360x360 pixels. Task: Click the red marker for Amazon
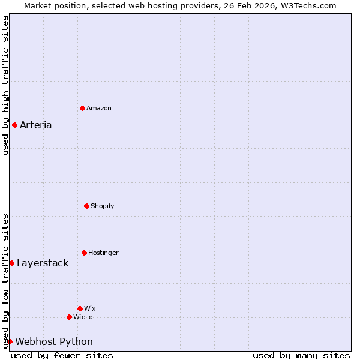click(x=82, y=108)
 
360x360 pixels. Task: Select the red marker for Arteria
click(x=14, y=125)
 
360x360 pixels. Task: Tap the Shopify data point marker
click(x=86, y=206)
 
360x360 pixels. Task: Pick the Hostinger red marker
click(x=84, y=253)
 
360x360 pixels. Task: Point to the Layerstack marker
click(x=11, y=263)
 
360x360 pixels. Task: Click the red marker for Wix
click(x=80, y=308)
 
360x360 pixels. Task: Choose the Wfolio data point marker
click(x=69, y=317)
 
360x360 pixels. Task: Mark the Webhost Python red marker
click(x=10, y=341)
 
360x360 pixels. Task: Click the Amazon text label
click(x=99, y=109)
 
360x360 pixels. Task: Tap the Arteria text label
click(x=36, y=125)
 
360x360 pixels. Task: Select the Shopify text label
click(x=103, y=206)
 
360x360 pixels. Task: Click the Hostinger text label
click(x=104, y=253)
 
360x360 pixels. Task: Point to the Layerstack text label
click(x=43, y=263)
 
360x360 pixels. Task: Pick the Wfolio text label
click(x=83, y=317)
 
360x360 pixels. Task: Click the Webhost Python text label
click(x=54, y=342)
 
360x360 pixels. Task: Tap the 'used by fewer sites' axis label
click(x=62, y=355)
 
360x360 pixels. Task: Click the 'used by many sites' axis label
click(x=301, y=355)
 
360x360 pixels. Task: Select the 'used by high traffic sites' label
click(x=5, y=85)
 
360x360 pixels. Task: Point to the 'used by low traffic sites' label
click(x=5, y=281)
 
